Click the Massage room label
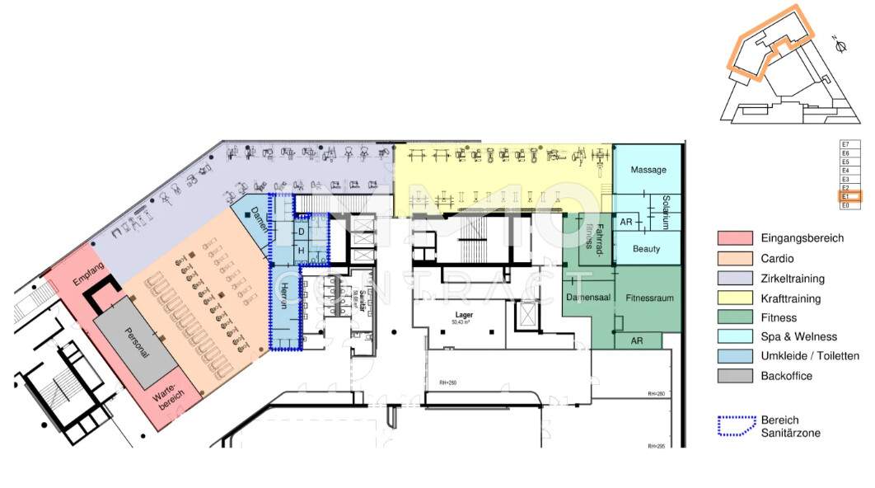coord(648,170)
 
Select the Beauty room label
coord(647,248)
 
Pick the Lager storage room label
coord(463,315)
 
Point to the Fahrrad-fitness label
coord(594,237)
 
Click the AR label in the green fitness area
coord(636,340)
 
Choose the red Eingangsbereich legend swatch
coord(734,238)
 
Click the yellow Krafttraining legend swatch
coord(734,298)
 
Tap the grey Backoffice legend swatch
coord(734,376)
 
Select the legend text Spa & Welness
coord(798,336)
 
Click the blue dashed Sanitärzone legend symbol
coord(736,426)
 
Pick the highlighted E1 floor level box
coord(849,197)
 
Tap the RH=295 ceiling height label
coord(656,446)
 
